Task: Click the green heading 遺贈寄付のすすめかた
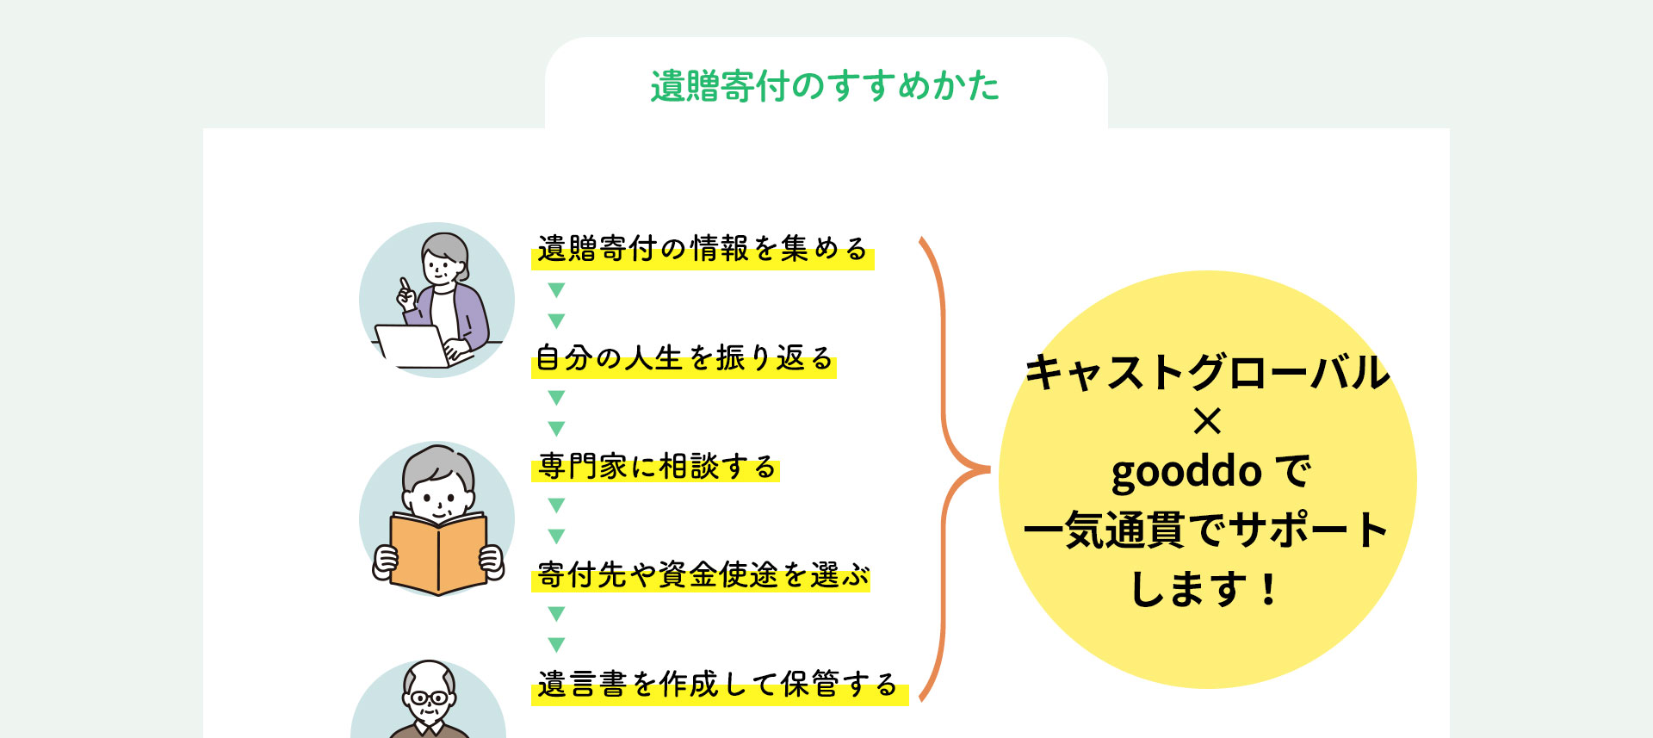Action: tap(825, 86)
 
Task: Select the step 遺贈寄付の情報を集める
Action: tap(703, 249)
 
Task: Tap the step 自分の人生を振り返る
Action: tap(684, 357)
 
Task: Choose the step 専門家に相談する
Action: tap(657, 467)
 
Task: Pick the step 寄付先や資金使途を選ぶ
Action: tap(703, 575)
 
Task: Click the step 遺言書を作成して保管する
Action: tap(717, 685)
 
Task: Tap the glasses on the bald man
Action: tap(429, 698)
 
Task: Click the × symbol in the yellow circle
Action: tap(1207, 421)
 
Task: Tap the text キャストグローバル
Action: tap(1207, 372)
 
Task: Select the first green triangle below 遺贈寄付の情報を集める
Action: tap(556, 290)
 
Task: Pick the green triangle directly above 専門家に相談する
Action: tap(556, 428)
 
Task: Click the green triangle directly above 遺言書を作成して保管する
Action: tap(556, 644)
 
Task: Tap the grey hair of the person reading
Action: tap(438, 465)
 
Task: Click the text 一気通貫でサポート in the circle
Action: tap(1206, 529)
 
